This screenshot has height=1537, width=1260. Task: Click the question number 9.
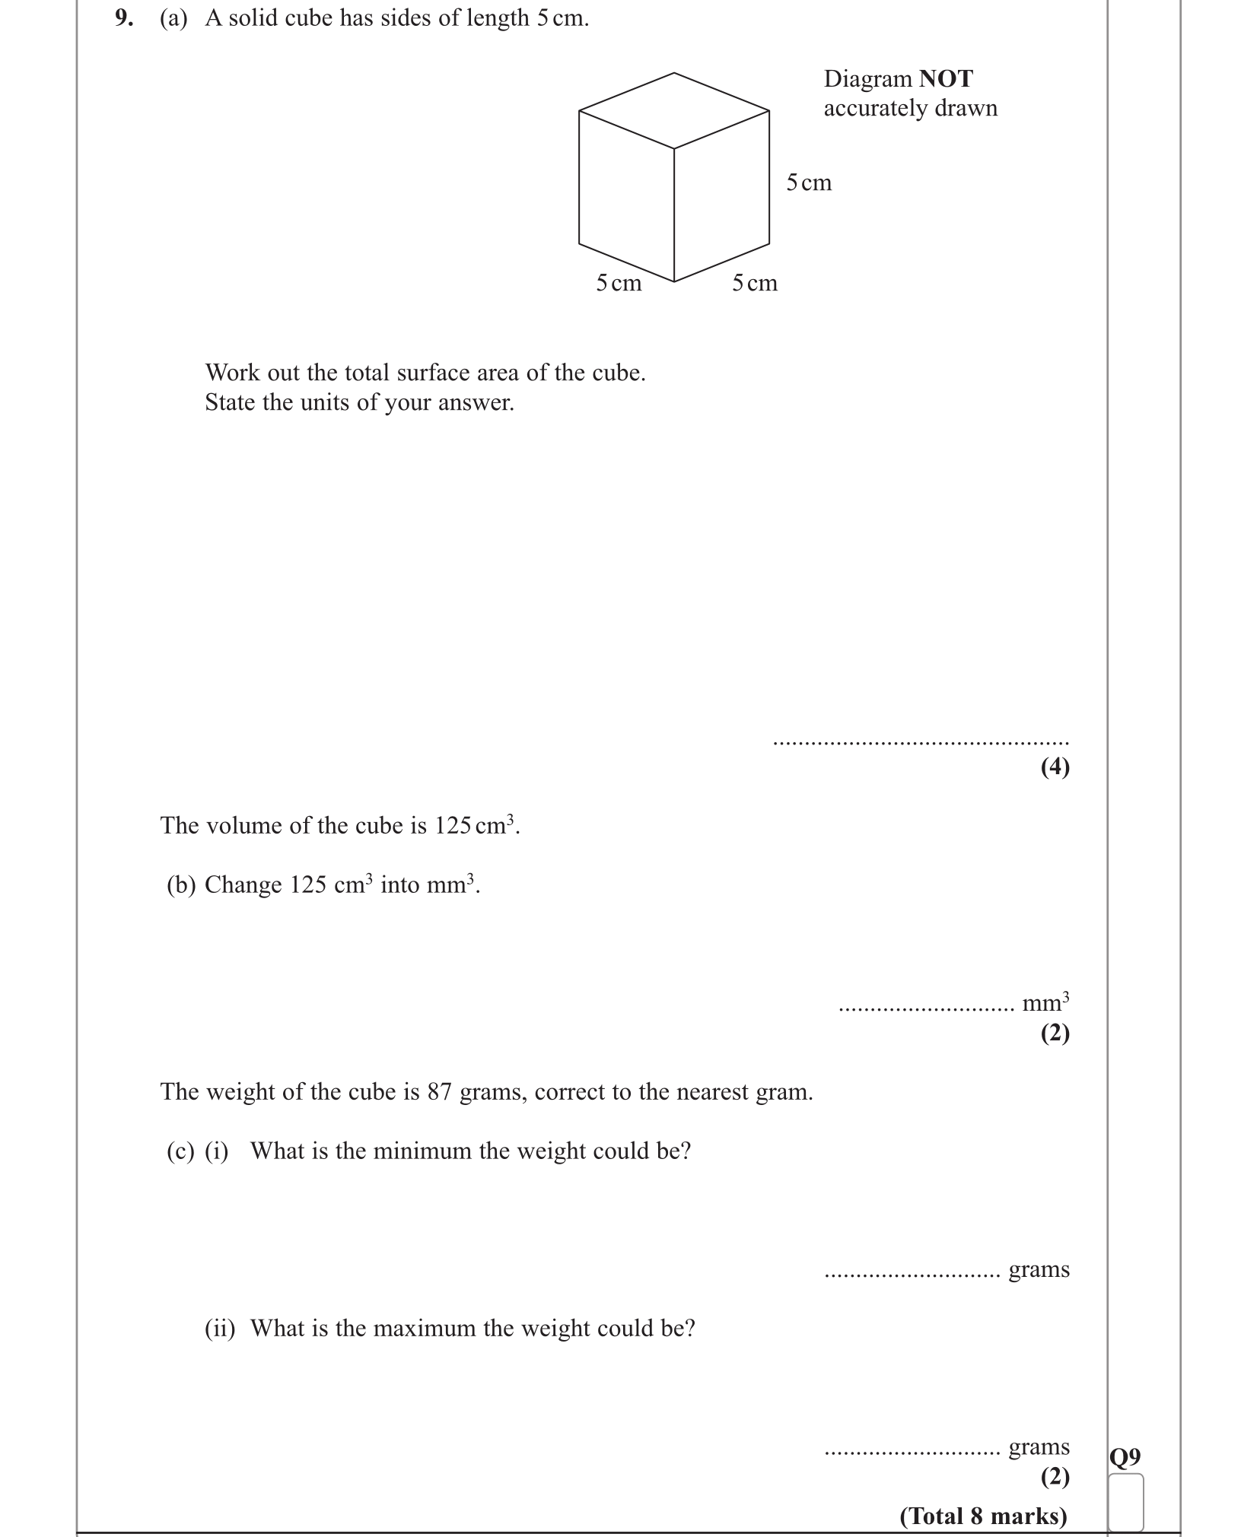pyautogui.click(x=123, y=18)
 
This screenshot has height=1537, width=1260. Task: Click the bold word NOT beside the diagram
pyautogui.click(x=946, y=79)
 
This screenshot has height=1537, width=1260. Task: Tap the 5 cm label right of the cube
pyautogui.click(x=809, y=183)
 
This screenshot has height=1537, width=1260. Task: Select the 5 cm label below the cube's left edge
pyautogui.click(x=619, y=283)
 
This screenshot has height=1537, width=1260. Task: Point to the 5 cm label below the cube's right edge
pyautogui.click(x=755, y=283)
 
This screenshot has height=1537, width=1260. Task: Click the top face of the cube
pyautogui.click(x=674, y=110)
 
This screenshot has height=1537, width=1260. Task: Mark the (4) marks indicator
pyautogui.click(x=1055, y=767)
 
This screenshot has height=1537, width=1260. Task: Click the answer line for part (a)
pyautogui.click(x=921, y=742)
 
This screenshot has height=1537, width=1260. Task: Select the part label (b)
pyautogui.click(x=181, y=884)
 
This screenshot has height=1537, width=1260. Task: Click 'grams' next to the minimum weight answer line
pyautogui.click(x=1039, y=1269)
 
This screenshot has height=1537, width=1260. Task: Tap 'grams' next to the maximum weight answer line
pyautogui.click(x=1039, y=1446)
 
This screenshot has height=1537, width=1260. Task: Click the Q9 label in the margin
pyautogui.click(x=1125, y=1457)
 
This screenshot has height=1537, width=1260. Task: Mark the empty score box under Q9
pyautogui.click(x=1125, y=1502)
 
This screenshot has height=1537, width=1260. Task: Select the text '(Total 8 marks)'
pyautogui.click(x=983, y=1516)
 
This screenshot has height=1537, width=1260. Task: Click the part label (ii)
pyautogui.click(x=220, y=1328)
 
